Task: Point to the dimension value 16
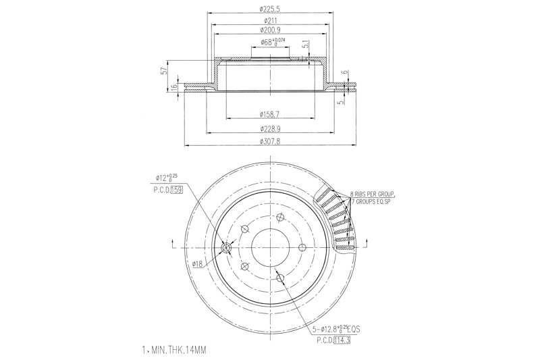tap(175, 86)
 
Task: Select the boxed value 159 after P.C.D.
tap(176, 189)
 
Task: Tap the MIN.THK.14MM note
tap(176, 351)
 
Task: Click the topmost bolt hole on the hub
tap(279, 217)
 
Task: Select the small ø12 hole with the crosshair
tap(226, 249)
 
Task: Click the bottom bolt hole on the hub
tap(288, 276)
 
